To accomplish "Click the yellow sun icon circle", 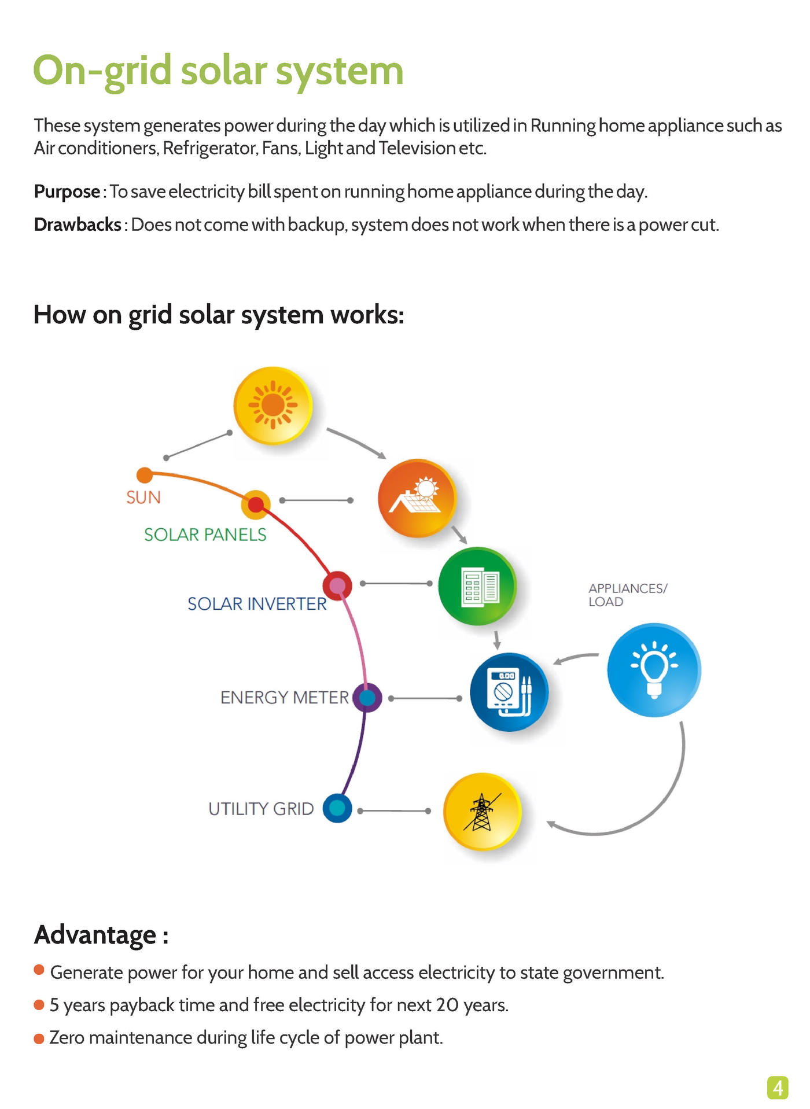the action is pyautogui.click(x=273, y=406).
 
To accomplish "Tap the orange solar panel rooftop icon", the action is pyautogui.click(x=417, y=498).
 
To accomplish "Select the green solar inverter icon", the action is pyautogui.click(x=477, y=586).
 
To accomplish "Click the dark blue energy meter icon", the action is pyautogui.click(x=509, y=692).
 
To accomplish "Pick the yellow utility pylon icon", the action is pyautogui.click(x=483, y=812).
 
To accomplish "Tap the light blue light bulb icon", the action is pyautogui.click(x=654, y=670).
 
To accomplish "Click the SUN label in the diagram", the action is pyautogui.click(x=143, y=498).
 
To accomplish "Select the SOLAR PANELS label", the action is pyautogui.click(x=205, y=535).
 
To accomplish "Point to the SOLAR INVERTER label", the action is pyautogui.click(x=257, y=604).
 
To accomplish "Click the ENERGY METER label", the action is pyautogui.click(x=285, y=698).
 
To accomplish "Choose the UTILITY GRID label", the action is pyautogui.click(x=261, y=809).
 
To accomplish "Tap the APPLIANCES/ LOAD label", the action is pyautogui.click(x=628, y=595).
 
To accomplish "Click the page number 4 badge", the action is pyautogui.click(x=778, y=1088).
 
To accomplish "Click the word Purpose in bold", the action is pyautogui.click(x=67, y=191).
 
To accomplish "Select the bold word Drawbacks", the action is pyautogui.click(x=78, y=224).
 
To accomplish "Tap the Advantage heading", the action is pyautogui.click(x=101, y=935).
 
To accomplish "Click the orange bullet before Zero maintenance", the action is pyautogui.click(x=39, y=1039).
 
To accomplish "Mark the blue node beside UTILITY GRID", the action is pyautogui.click(x=337, y=808).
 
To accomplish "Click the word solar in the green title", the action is pyautogui.click(x=223, y=71).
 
